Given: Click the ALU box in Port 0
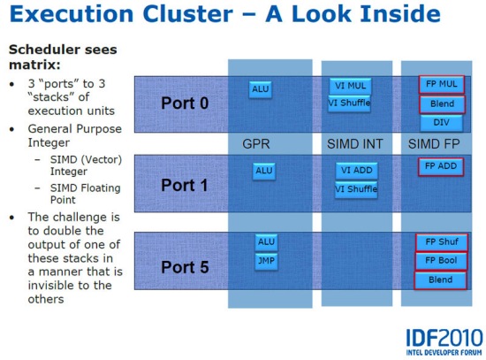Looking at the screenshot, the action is point(261,89).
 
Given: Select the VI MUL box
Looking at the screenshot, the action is point(350,86).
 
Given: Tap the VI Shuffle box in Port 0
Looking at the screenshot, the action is point(349,103).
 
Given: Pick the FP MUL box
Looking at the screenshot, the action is point(441,84).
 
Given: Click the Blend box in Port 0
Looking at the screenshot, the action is point(443,104).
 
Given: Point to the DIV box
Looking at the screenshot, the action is point(441,123).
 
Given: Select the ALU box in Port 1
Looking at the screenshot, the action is point(264,171).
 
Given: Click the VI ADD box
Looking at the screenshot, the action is point(356,171).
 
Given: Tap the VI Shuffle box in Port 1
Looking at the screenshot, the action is point(356,189).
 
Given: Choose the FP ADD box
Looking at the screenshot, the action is point(441,167).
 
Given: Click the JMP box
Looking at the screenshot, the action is point(266,261).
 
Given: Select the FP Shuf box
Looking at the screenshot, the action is point(442,242).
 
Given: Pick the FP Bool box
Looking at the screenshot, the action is point(441,261).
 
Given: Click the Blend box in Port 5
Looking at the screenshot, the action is point(440,280).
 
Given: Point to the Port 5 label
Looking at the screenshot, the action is point(185,267).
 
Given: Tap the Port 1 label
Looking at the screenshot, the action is point(185,185).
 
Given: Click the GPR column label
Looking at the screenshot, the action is point(256,144).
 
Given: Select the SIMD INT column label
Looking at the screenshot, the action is point(355,144).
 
